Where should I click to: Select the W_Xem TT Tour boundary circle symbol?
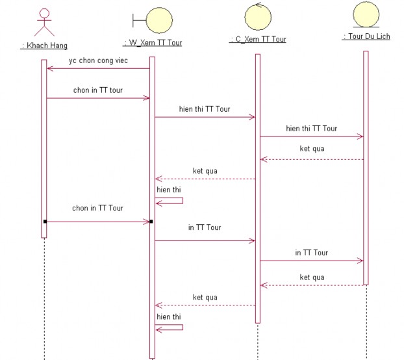pyautogui.click(x=158, y=19)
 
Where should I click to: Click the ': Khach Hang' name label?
pyautogui.click(x=44, y=45)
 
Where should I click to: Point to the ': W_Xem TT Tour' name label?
pyautogui.click(x=153, y=43)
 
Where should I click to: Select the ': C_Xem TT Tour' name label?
pyautogui.click(x=258, y=39)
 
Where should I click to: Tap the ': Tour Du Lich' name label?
pyautogui.click(x=366, y=36)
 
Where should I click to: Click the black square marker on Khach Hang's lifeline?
pyautogui.click(x=45, y=222)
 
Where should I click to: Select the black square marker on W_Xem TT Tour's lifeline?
pyautogui.click(x=151, y=222)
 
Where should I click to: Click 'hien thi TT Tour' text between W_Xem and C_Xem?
pyautogui.click(x=205, y=109)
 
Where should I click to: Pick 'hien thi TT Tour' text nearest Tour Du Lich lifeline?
pyautogui.click(x=311, y=129)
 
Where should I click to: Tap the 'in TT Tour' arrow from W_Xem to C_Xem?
pyautogui.click(x=205, y=240)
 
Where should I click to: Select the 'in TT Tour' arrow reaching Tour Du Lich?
pyautogui.click(x=311, y=261)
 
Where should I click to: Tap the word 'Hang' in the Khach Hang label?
pyautogui.click(x=57, y=45)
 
